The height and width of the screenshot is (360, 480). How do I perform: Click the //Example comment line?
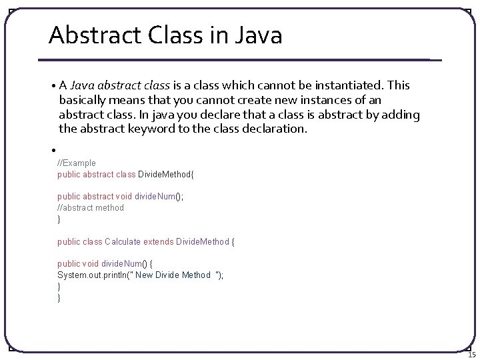click(x=77, y=163)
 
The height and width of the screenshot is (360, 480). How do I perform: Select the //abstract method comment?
click(x=91, y=207)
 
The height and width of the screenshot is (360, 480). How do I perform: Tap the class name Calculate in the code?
click(x=123, y=241)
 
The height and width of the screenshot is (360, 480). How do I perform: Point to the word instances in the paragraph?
click(x=315, y=100)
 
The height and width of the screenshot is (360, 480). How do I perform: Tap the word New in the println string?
click(x=145, y=275)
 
